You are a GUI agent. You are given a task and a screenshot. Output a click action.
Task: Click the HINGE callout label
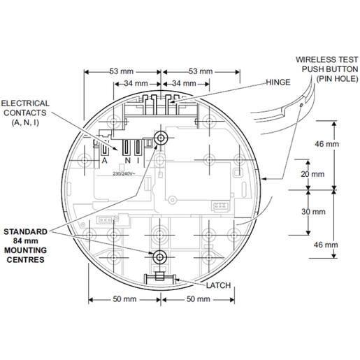pos(278,82)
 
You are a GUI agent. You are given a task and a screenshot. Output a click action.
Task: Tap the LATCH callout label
pos(218,285)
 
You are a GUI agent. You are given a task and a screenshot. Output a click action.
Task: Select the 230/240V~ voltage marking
pos(124,174)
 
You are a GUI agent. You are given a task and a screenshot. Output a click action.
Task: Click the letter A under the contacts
pos(105,161)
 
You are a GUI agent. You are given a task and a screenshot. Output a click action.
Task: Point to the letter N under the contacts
pos(127,161)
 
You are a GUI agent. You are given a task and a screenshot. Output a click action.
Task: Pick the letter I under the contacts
pos(138,161)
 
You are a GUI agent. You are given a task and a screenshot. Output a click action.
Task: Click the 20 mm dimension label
pos(312,174)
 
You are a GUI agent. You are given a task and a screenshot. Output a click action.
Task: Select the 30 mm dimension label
pos(313,212)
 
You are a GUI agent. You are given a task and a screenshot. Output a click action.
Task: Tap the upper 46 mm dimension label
pos(327,144)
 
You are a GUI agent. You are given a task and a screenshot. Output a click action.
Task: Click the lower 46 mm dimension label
pos(326,245)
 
